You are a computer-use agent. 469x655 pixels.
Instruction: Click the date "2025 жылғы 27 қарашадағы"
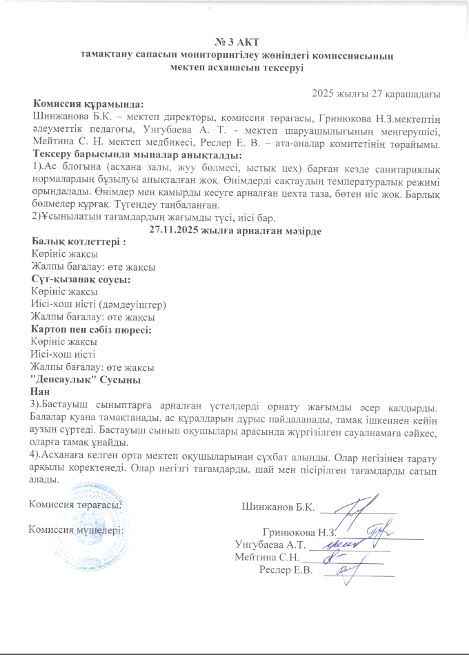[377, 93]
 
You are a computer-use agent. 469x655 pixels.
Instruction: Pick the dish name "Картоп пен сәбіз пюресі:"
[92, 330]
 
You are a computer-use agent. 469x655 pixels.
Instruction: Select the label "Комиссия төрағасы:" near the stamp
[73, 504]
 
